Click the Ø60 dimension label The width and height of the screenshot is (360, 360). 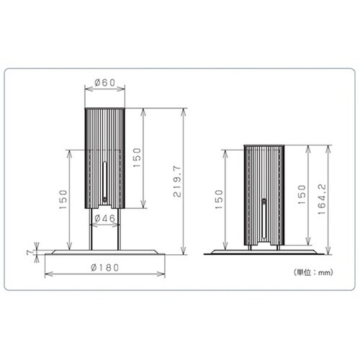click(x=105, y=83)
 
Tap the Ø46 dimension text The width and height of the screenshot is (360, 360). click(x=105, y=218)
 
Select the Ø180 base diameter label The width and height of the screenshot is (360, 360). click(x=105, y=267)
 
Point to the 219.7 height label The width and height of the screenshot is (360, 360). click(x=177, y=181)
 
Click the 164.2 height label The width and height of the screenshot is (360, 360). click(x=322, y=199)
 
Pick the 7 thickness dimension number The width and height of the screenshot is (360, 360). click(x=30, y=253)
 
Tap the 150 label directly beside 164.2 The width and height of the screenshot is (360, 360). click(x=302, y=194)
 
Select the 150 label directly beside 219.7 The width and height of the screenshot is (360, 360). click(x=137, y=158)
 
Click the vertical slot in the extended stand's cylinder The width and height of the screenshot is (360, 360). click(x=104, y=179)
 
